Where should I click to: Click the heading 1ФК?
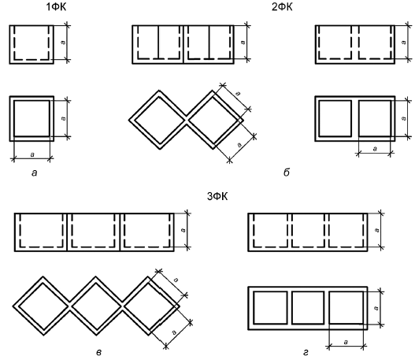tap(56, 7)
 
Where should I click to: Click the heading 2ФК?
tap(282, 7)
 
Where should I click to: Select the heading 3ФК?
tap(217, 197)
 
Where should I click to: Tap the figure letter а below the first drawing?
tap(35, 173)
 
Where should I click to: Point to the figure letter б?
tap(287, 173)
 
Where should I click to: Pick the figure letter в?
tap(98, 353)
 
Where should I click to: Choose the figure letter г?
tap(306, 353)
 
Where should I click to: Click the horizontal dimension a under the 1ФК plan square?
tap(32, 159)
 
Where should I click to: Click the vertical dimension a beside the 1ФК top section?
tap(68, 43)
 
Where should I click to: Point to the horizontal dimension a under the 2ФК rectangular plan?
tap(375, 153)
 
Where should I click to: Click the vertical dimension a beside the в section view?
tap(187, 230)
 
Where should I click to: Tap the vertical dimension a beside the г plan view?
tap(380, 308)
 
